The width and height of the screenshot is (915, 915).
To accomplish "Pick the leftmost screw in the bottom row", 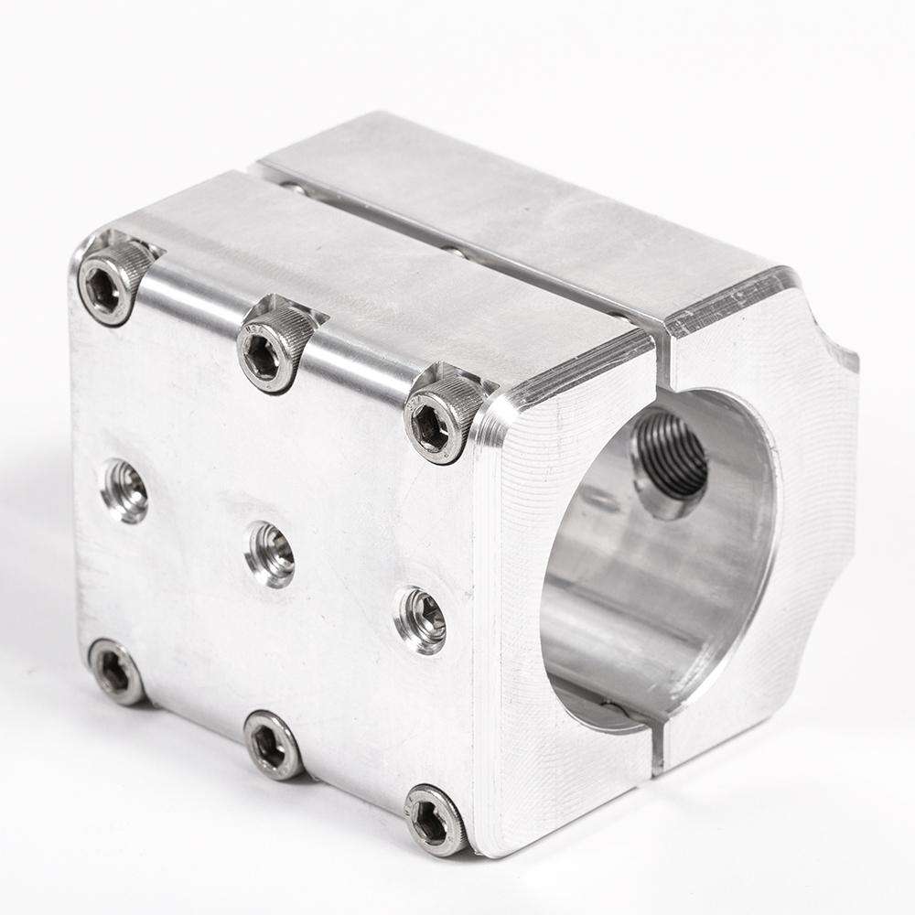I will [x=115, y=673].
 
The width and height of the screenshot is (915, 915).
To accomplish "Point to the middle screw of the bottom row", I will [x=272, y=744].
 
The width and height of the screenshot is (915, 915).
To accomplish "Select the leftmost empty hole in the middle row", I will [x=125, y=490].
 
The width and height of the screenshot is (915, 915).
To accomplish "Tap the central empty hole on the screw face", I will [x=271, y=554].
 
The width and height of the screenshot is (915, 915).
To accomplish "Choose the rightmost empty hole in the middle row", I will [x=422, y=620].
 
